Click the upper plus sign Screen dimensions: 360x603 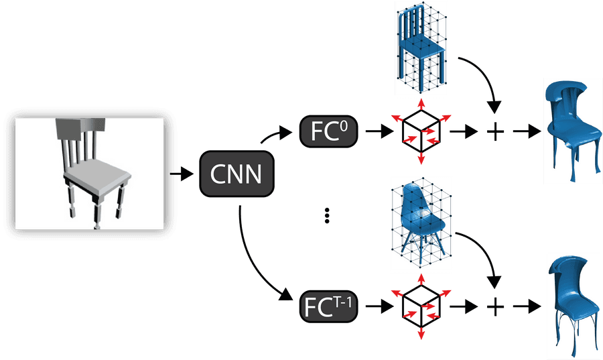point(494,131)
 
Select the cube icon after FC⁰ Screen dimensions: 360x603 point(420,131)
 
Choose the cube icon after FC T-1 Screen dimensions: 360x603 point(420,306)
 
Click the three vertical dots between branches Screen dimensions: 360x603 point(328,216)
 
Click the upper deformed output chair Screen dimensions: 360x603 point(569,130)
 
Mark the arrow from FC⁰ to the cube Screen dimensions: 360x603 point(377,131)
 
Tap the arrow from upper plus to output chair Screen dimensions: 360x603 point(526,131)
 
